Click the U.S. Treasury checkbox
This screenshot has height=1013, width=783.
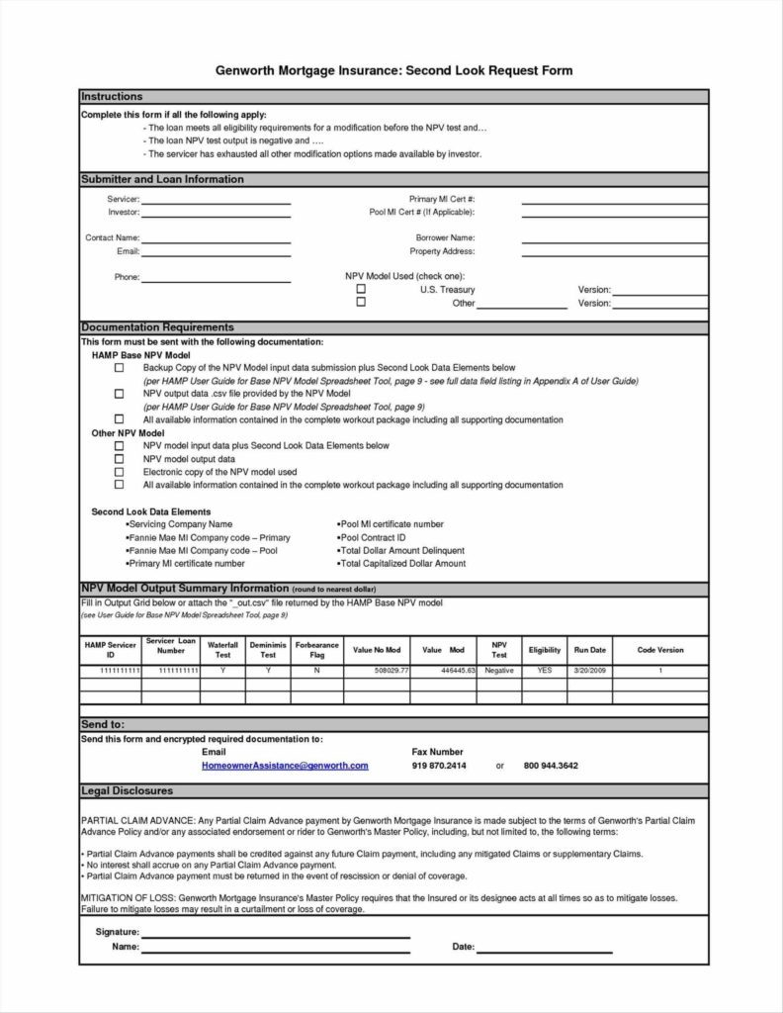pyautogui.click(x=361, y=290)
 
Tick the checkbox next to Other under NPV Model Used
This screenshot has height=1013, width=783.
pyautogui.click(x=361, y=304)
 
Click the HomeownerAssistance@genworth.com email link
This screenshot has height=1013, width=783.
pyautogui.click(x=285, y=766)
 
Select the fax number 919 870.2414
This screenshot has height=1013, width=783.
pyautogui.click(x=439, y=766)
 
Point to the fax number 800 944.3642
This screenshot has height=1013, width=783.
pyautogui.click(x=551, y=766)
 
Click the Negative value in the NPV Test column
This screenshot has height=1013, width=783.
pyautogui.click(x=499, y=670)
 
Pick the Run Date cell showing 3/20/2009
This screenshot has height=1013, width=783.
pyautogui.click(x=589, y=670)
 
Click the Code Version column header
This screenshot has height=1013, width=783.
pyautogui.click(x=659, y=650)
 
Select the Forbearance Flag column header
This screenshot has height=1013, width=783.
pyautogui.click(x=316, y=650)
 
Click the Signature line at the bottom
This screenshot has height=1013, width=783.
pyautogui.click(x=276, y=935)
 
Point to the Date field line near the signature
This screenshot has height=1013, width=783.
pyautogui.click(x=545, y=950)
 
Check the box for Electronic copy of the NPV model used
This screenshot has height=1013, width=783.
pyautogui.click(x=120, y=472)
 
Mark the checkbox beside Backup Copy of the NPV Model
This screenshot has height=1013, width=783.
pyautogui.click(x=120, y=367)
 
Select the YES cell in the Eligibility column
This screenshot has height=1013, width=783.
pyautogui.click(x=544, y=670)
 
